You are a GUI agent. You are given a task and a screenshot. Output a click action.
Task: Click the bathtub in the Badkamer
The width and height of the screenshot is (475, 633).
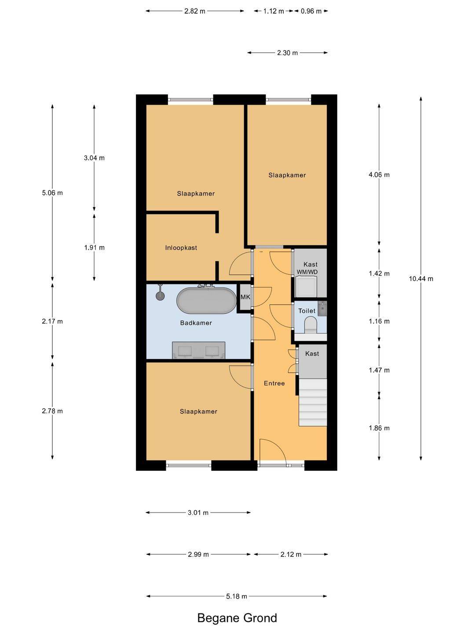coord(206,300)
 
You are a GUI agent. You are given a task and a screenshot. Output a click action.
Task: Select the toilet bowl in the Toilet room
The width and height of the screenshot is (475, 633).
coord(311,324)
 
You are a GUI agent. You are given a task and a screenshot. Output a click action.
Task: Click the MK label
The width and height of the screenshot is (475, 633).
coord(245,297)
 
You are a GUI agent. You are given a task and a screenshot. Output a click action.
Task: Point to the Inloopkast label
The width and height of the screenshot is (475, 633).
coord(181,248)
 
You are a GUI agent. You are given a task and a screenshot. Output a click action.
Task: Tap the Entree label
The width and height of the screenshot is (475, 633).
coord(274,383)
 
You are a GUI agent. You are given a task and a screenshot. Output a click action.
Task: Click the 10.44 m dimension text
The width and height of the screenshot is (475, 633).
coord(421,279)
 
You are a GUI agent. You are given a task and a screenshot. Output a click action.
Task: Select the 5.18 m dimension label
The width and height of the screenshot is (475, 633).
coord(237,597)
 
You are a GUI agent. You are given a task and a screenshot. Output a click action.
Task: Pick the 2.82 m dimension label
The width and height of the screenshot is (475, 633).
coord(195,11)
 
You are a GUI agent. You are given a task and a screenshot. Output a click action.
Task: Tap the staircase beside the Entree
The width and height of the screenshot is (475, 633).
coord(313,402)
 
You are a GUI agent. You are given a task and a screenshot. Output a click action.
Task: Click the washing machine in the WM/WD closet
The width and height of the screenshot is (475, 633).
coord(306,286)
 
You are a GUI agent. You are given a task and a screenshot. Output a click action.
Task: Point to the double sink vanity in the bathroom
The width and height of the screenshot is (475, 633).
coord(199,350)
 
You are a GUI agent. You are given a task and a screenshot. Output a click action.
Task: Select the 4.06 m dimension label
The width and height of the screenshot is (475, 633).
coord(379,175)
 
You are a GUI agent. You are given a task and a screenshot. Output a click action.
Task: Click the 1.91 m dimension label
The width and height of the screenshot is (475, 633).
coord(94,248)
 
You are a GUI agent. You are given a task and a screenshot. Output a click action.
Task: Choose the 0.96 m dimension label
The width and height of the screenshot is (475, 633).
coord(311,11)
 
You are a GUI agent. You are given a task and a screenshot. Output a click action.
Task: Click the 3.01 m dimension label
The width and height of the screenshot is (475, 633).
coord(198,513)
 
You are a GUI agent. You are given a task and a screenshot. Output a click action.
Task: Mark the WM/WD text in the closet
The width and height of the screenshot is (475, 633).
coord(307,272)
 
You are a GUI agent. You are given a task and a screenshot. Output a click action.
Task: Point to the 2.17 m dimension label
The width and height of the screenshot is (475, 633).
coord(52,321)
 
